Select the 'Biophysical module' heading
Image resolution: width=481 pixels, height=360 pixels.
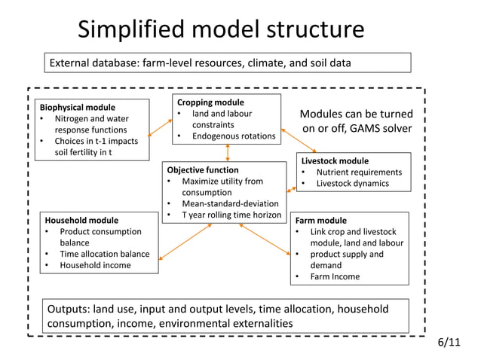tap(78, 107)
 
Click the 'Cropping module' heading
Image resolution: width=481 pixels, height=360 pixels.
tap(210, 102)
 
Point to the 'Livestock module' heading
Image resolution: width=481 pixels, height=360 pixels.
tap(335, 160)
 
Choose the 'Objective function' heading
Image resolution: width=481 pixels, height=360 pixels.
tap(202, 170)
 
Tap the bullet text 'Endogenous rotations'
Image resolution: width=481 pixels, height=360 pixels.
tap(233, 136)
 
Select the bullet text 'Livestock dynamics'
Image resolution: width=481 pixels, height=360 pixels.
tap(352, 183)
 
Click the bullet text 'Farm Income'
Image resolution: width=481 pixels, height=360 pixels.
tap(335, 276)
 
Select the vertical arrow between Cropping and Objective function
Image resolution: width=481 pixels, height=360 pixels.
tap(227, 151)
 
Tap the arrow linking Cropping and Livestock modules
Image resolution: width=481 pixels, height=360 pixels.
tap(290, 135)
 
